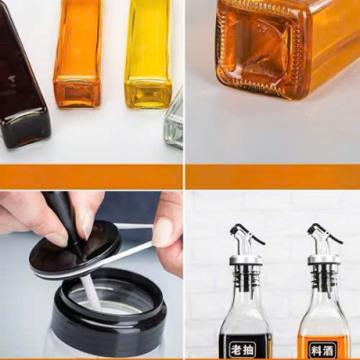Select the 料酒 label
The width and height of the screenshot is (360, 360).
pyautogui.click(x=323, y=348)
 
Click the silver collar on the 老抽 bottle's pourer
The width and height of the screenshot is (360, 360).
pyautogui.click(x=246, y=260)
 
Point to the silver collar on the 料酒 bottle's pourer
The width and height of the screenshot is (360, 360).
pyautogui.click(x=324, y=260)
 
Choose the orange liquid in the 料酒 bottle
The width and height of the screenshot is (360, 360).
pyautogui.click(x=323, y=324)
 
